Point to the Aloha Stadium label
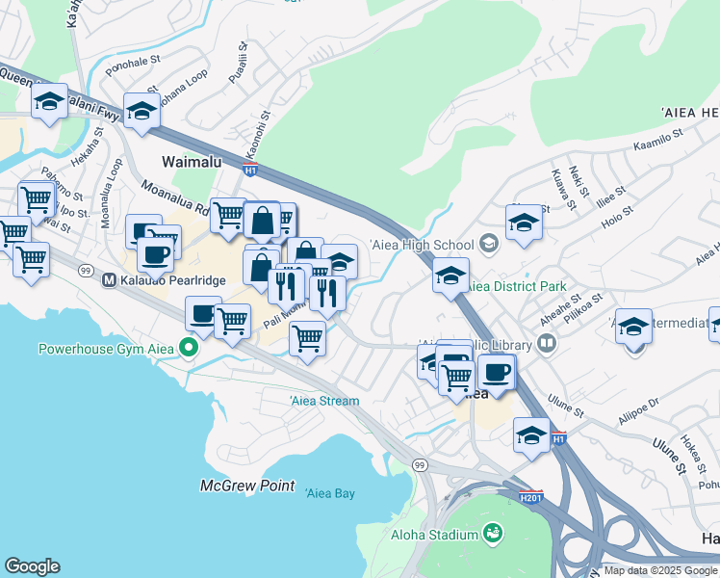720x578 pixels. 434,535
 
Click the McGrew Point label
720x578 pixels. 247,486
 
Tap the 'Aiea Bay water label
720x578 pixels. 330,493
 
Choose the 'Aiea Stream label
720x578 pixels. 324,401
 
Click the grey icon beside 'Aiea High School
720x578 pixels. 489,245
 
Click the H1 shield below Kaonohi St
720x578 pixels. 249,171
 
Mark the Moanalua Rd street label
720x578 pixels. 174,196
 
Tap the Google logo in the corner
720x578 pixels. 33,566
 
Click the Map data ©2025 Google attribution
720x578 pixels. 659,570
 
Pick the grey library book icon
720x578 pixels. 547,342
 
